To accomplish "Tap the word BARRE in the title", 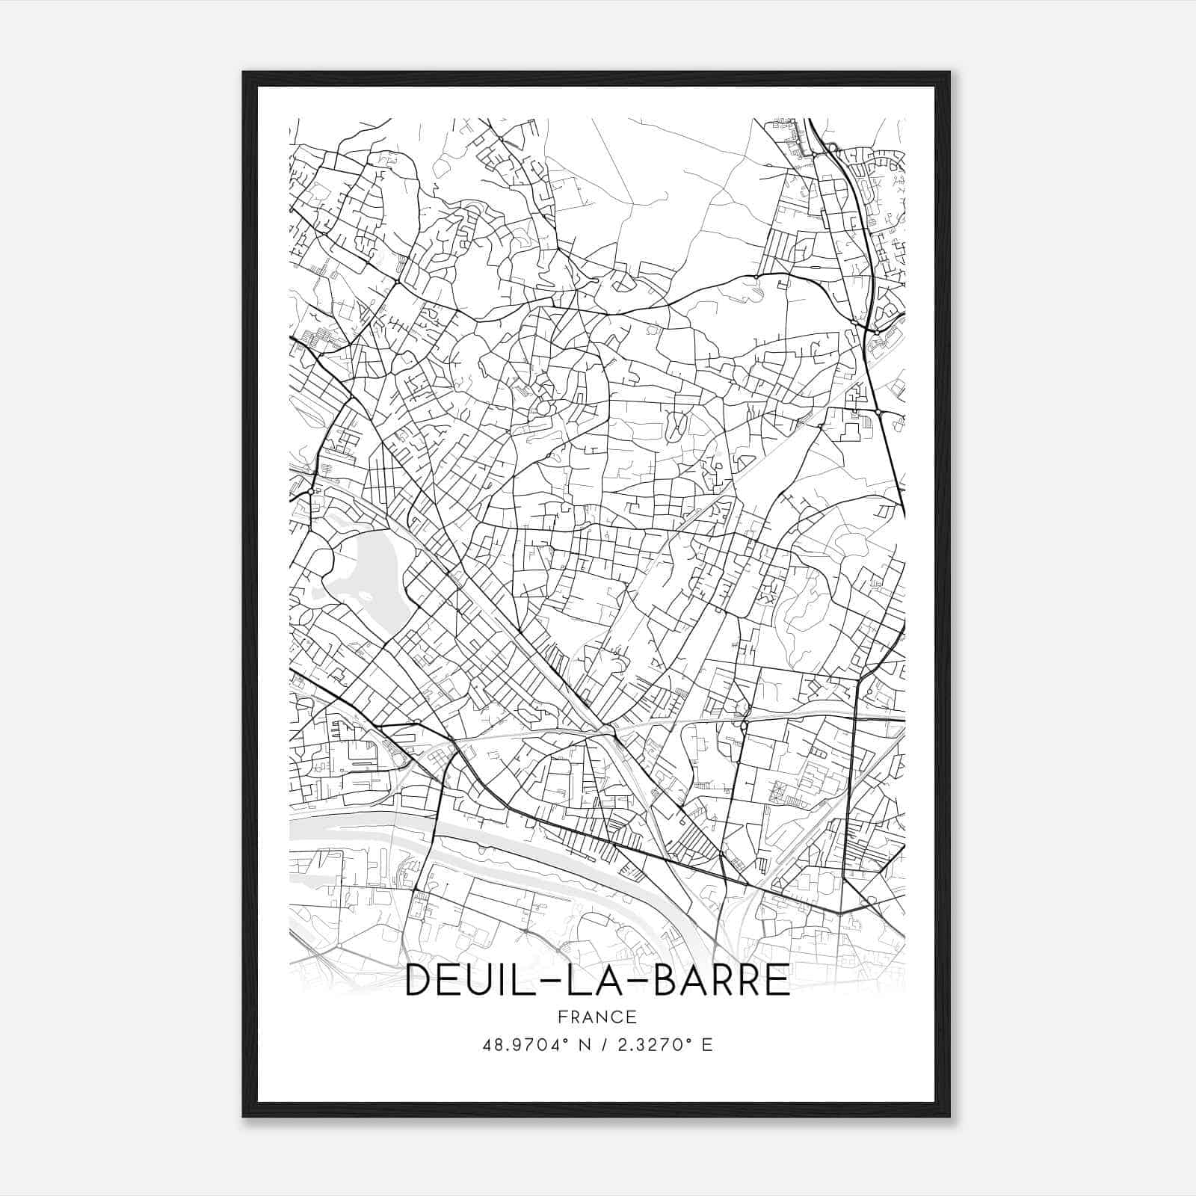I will click(721, 981).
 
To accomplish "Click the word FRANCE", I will click(597, 1017).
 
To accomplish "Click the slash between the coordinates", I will click(603, 1045).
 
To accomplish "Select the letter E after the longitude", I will click(706, 1045).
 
